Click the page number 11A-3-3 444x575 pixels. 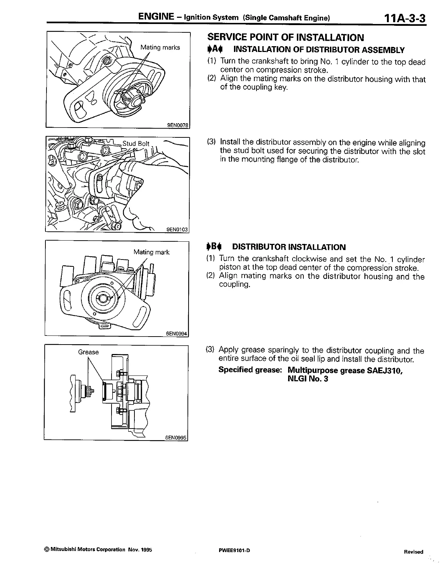(x=402, y=18)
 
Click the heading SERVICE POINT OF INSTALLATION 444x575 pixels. (x=285, y=37)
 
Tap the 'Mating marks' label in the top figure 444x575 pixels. (x=160, y=48)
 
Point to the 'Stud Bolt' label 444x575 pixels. (x=136, y=143)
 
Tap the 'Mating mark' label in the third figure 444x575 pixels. (x=151, y=252)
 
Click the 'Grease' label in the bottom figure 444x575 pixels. (x=88, y=352)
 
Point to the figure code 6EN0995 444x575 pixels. (x=176, y=438)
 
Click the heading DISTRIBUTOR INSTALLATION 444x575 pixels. (x=289, y=247)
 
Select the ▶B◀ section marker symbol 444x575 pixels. (x=213, y=247)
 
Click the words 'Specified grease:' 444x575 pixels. (x=250, y=370)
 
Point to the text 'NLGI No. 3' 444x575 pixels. (x=308, y=379)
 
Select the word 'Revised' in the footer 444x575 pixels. (x=413, y=552)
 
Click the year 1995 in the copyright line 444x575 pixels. (x=144, y=550)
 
